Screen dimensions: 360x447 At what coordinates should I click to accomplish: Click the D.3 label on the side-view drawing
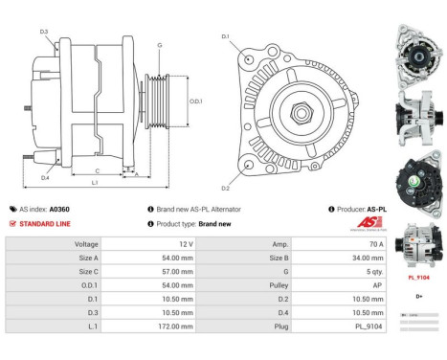coord(44,33)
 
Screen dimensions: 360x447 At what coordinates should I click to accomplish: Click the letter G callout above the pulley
coord(159,44)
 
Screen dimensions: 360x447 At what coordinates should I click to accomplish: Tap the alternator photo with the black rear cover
coord(417,184)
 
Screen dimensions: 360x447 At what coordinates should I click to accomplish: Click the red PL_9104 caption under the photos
coord(417,277)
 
